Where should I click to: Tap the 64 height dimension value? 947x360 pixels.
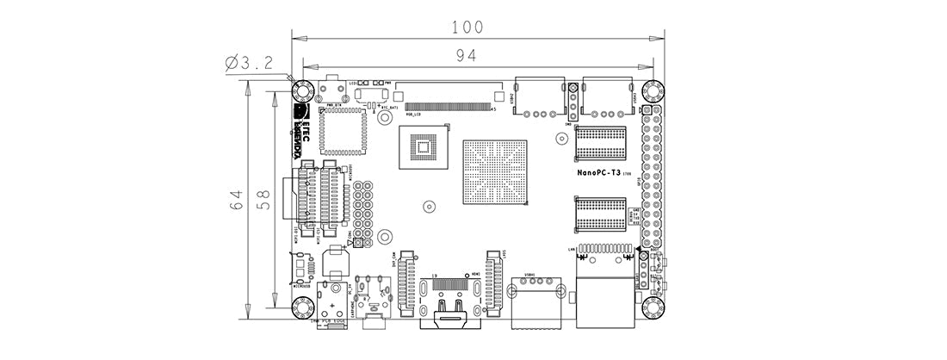[x=237, y=199]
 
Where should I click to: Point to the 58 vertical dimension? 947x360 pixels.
[x=265, y=199]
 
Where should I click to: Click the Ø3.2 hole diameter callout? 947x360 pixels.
[x=249, y=63]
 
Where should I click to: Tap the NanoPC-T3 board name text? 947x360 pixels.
[x=598, y=172]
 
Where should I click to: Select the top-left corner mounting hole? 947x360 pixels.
[x=302, y=91]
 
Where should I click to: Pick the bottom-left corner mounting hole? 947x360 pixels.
[x=302, y=307]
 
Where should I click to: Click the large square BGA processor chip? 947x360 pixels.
[x=493, y=171]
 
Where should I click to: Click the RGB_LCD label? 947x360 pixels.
[x=412, y=114]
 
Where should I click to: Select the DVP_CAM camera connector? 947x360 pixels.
[x=407, y=284]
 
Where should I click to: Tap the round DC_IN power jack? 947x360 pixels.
[x=331, y=305]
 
